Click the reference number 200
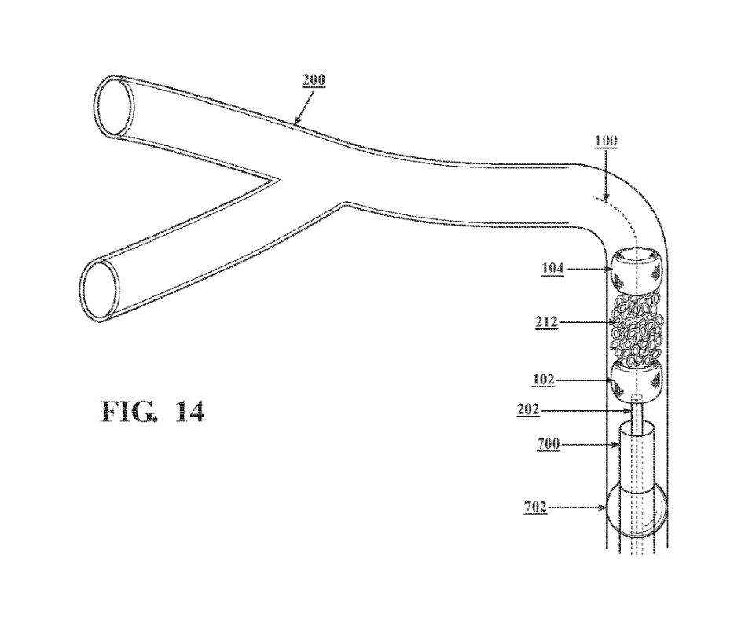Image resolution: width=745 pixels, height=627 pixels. [x=314, y=79]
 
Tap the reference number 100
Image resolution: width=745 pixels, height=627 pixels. [x=606, y=140]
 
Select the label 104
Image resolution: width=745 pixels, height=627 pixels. [x=552, y=269]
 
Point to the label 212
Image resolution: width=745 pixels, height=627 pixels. [x=546, y=322]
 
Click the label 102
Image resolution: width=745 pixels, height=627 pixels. [x=543, y=379]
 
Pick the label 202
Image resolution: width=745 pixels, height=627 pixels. [x=528, y=409]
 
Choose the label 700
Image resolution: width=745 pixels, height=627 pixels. [x=549, y=444]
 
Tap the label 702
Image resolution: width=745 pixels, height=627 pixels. [x=535, y=508]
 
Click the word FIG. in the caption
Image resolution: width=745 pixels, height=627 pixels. [x=128, y=412]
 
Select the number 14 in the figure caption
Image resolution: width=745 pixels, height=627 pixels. [x=189, y=412]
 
